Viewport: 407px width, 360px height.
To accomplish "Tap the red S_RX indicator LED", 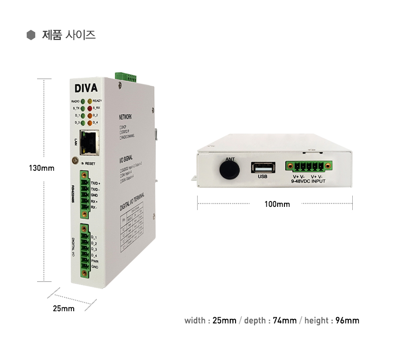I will tap(90, 108).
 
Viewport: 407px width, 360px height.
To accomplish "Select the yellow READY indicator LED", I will tap(90, 101).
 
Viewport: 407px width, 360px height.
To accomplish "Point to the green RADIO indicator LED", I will tap(82, 101).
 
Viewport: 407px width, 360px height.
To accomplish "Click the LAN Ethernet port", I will tap(89, 140).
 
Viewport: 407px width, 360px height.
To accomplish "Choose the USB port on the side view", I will tap(263, 168).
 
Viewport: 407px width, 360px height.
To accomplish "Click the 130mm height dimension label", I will tap(42, 168).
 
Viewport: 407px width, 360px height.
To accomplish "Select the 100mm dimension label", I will tap(277, 204).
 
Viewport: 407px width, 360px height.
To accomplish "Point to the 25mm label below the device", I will tap(64, 309).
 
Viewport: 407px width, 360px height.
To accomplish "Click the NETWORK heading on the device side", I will tap(126, 117).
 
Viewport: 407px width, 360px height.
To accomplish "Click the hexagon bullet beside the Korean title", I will tap(31, 35).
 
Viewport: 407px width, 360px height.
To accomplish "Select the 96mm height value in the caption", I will tap(347, 321).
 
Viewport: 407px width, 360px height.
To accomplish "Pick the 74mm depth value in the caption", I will tap(285, 321).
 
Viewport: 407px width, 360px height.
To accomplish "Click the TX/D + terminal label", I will tap(95, 183).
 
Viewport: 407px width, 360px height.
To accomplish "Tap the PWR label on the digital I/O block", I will tap(95, 262).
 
